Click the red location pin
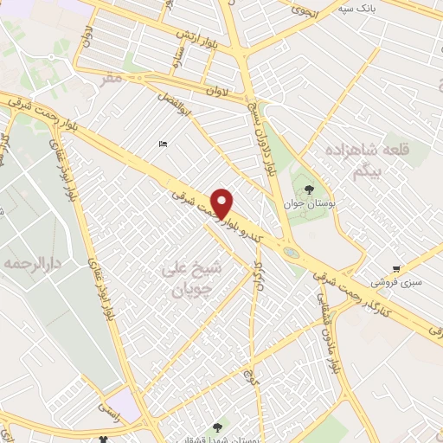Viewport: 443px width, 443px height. tap(222, 202)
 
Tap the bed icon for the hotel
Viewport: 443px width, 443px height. tap(163, 144)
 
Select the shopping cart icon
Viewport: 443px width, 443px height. tap(396, 269)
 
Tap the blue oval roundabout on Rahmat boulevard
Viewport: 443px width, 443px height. tap(292, 253)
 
